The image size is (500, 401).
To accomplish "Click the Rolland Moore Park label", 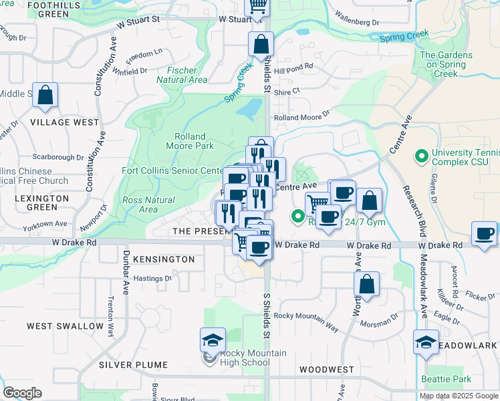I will tap(190, 141).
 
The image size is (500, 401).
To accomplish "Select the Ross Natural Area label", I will tap(148, 205).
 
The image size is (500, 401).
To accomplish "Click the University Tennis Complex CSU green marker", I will tap(421, 157).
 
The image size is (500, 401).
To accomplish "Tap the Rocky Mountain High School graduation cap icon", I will tap(213, 341).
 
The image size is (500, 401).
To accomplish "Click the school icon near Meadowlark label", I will tap(426, 343).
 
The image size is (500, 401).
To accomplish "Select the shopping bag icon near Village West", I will tap(45, 96).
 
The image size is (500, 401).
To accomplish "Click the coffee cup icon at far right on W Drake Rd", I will tap(485, 234).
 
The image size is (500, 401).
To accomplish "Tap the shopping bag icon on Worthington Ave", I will tap(367, 284).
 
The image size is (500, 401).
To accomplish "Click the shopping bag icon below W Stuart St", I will tap(261, 45).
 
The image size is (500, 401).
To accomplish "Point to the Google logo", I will tap(22, 393).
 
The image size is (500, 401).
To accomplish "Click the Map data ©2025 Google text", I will tap(459, 396).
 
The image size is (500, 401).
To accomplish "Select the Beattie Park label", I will tap(447, 379).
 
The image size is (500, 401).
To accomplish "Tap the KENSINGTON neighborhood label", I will tap(164, 259).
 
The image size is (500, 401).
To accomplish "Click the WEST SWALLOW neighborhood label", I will tap(65, 326).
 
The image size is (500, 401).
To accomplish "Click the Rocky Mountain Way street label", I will tap(305, 319).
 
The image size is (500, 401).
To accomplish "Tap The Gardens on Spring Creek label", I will tap(447, 65).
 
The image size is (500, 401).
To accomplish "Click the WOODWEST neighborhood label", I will tap(327, 369).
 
